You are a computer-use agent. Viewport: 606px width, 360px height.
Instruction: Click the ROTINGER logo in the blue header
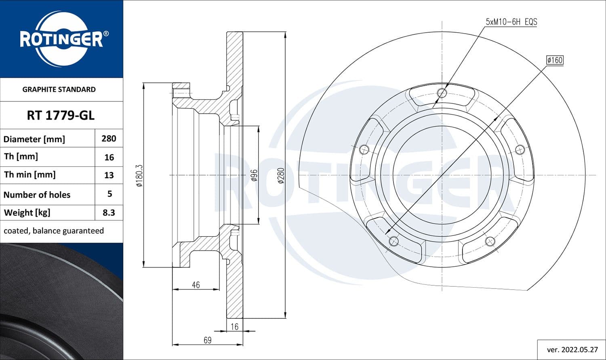(x=61, y=39)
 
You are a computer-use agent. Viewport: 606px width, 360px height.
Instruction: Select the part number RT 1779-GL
(x=61, y=116)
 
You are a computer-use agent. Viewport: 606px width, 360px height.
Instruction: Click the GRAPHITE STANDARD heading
(x=59, y=89)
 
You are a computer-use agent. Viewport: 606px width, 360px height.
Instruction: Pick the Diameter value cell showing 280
(x=109, y=139)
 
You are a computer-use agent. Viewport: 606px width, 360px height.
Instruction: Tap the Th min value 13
(x=109, y=175)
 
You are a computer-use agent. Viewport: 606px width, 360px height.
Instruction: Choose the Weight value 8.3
(x=109, y=213)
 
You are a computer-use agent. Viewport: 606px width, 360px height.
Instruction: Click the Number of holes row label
(x=37, y=195)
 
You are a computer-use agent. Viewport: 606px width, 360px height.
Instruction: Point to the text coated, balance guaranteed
(x=54, y=231)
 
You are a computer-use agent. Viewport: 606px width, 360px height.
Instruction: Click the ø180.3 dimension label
(x=139, y=175)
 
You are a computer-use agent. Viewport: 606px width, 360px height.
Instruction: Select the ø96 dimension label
(x=254, y=175)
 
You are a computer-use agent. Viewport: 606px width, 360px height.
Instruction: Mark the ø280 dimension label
(x=281, y=175)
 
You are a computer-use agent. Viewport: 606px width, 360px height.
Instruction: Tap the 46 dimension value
(x=196, y=285)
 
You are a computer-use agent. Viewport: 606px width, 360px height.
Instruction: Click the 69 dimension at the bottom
(x=207, y=340)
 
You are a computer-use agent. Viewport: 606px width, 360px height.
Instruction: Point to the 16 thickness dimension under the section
(x=235, y=326)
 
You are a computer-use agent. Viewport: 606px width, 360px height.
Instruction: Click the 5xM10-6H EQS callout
(x=511, y=22)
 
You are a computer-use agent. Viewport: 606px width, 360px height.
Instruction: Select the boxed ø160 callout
(x=554, y=60)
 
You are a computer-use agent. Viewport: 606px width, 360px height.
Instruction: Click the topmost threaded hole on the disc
(x=442, y=93)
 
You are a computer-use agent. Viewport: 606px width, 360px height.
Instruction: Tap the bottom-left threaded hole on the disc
(x=393, y=241)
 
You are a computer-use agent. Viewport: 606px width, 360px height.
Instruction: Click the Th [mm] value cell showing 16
(x=109, y=157)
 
